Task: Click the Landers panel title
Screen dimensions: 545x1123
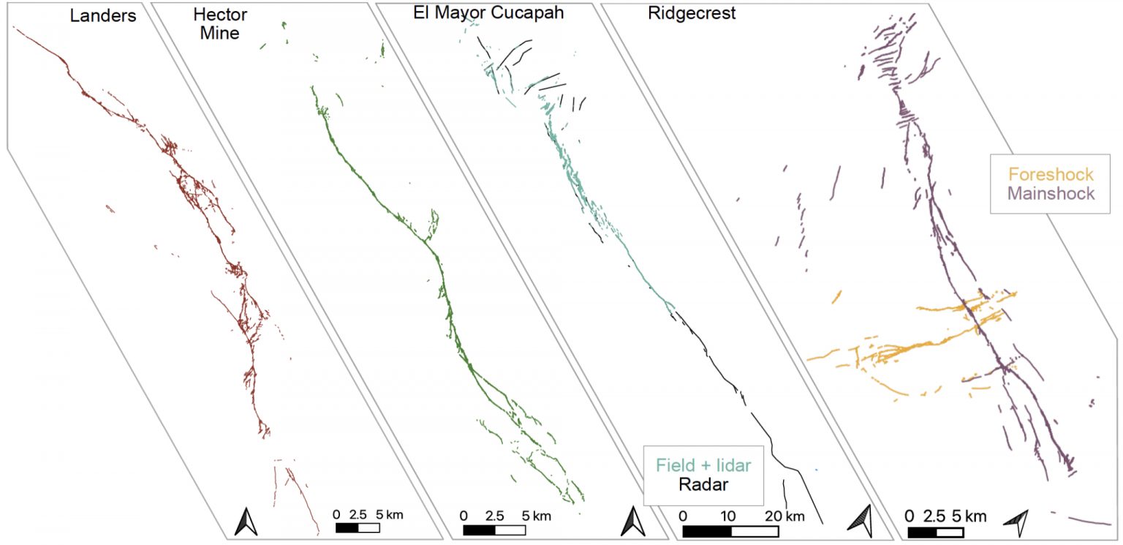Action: point(103,16)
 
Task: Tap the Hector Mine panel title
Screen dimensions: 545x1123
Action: point(220,23)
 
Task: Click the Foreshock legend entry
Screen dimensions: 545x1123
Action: point(1051,174)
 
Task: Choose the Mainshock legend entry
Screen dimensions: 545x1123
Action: point(1051,193)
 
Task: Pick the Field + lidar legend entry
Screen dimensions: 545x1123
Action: point(703,465)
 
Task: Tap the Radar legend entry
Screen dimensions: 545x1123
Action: point(703,484)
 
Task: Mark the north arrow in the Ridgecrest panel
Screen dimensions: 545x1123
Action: point(1016,522)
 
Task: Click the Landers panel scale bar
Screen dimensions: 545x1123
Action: point(358,527)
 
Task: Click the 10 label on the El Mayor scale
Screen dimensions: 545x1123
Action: point(727,516)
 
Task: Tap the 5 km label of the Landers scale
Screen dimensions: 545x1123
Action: point(387,514)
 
